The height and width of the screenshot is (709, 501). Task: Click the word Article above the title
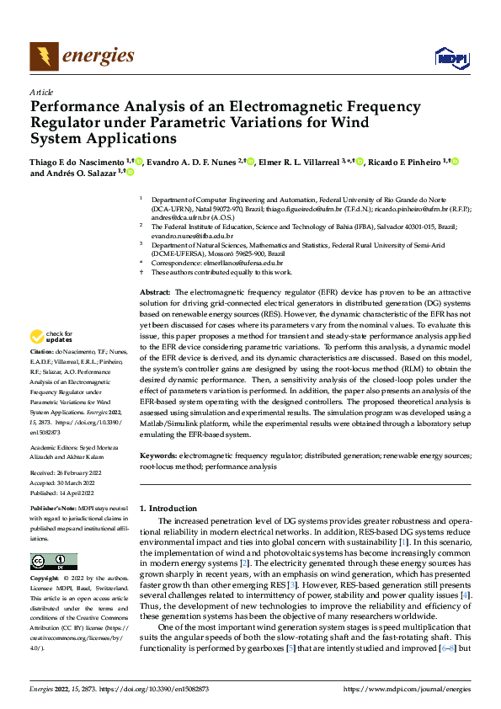click(x=40, y=91)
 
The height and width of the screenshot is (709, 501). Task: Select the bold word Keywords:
click(x=158, y=455)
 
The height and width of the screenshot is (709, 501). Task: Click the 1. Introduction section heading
click(x=168, y=509)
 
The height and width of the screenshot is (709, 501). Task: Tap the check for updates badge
click(x=54, y=336)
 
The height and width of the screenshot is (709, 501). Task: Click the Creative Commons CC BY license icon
click(x=54, y=562)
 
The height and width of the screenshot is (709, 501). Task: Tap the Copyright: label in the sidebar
click(x=44, y=579)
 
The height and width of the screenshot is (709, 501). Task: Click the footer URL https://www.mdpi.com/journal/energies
click(x=408, y=690)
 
